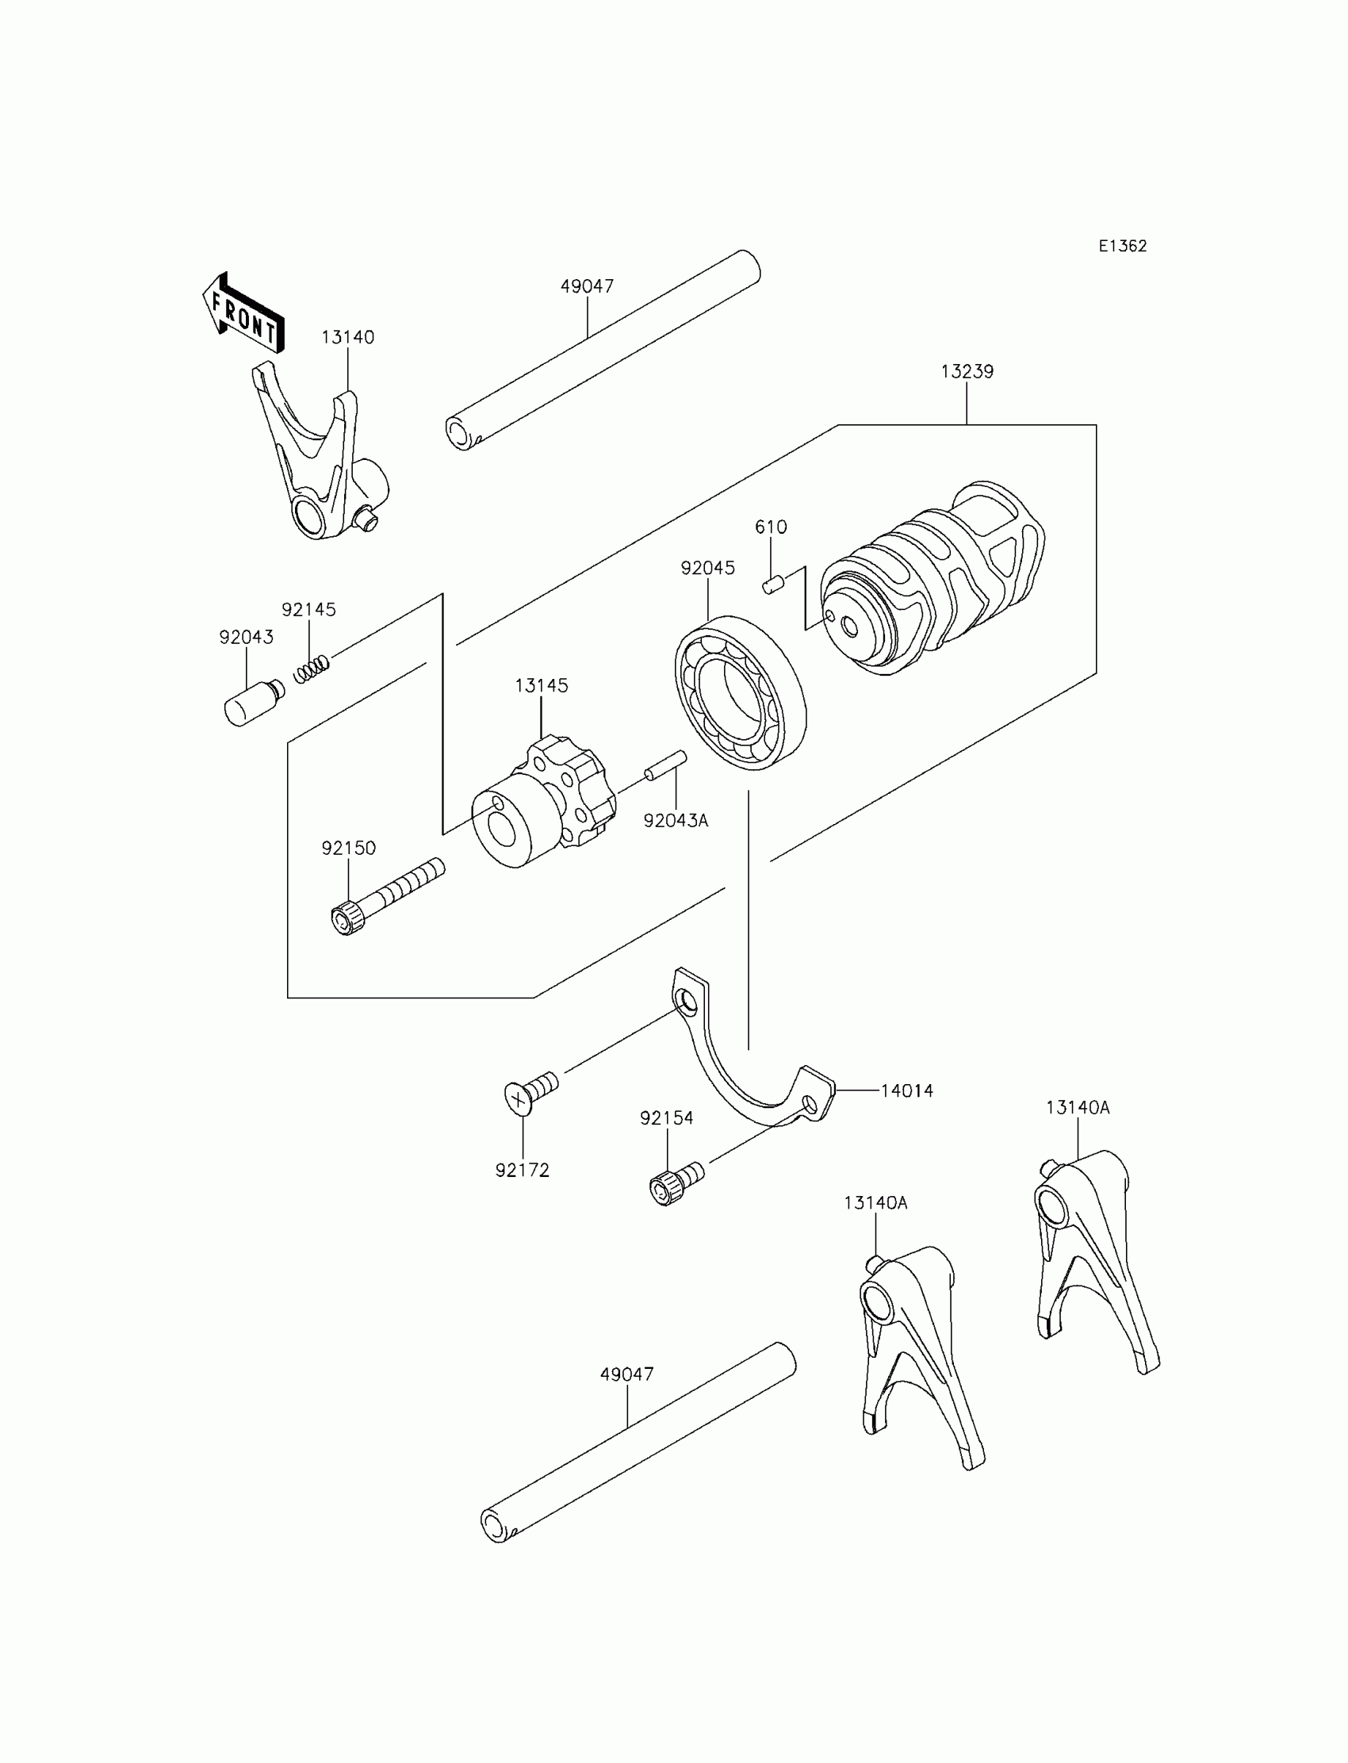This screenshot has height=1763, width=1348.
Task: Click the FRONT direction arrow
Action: point(243,316)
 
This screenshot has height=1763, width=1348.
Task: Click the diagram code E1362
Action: point(1123,247)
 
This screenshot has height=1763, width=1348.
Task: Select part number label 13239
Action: point(967,371)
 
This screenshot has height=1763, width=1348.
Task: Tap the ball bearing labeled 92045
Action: point(740,692)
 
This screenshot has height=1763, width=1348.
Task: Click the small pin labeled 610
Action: point(772,584)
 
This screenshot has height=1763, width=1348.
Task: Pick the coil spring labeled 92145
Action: point(312,669)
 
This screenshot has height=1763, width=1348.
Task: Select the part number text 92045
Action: point(707,568)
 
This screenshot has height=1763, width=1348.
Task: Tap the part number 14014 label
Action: point(906,1090)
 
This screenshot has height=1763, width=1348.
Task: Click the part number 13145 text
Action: point(542,686)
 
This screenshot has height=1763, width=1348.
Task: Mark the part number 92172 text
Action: point(523,1171)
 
